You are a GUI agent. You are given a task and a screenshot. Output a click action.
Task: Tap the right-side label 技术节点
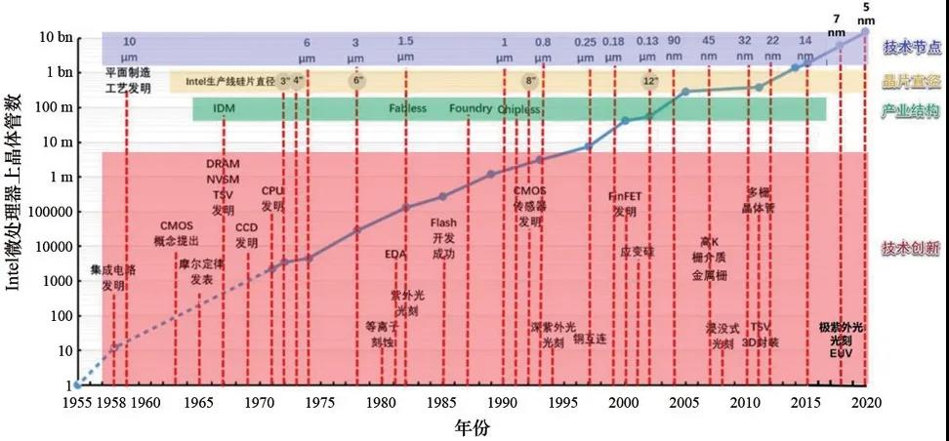coord(912,47)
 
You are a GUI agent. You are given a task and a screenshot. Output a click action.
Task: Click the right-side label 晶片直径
coord(912,82)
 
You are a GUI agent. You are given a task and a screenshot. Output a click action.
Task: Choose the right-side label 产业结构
coord(912,111)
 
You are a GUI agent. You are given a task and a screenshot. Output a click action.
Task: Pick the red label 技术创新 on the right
coord(912,246)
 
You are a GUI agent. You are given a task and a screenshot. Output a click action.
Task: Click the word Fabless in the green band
coord(407,108)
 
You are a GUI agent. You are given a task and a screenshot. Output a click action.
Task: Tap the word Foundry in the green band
coord(471,108)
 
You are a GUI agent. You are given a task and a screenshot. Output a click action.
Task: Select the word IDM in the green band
coord(225,108)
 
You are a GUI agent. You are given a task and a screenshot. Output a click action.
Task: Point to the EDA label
coord(394,255)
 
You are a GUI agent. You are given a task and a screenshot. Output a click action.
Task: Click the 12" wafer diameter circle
coord(651,81)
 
